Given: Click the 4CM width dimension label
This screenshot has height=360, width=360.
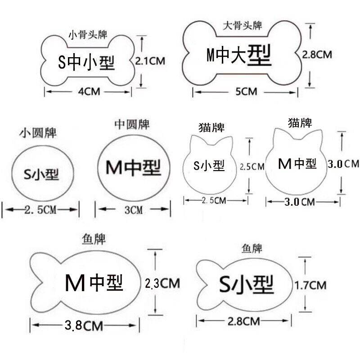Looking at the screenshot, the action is (x=89, y=92).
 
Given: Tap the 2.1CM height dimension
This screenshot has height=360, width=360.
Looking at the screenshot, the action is (x=150, y=61).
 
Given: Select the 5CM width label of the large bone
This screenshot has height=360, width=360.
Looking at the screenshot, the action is (x=246, y=92).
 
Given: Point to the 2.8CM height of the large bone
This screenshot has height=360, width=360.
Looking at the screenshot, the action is (x=317, y=54).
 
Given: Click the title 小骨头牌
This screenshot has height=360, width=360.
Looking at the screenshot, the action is (x=88, y=35).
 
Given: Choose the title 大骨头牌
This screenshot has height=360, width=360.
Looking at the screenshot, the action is (x=243, y=26).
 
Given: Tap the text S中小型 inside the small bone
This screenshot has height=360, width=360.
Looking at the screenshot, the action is (x=86, y=63).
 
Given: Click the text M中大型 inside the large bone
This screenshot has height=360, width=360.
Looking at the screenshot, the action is (x=239, y=55).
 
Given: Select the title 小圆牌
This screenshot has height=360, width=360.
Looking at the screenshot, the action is (x=38, y=133).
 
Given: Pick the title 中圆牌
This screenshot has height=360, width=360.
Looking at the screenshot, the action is (x=132, y=125).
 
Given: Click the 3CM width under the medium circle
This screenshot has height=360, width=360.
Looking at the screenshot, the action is (x=133, y=210).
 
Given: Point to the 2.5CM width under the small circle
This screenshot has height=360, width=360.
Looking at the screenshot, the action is (x=40, y=210).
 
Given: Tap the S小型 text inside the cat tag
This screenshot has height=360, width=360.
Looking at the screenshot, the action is (x=209, y=166).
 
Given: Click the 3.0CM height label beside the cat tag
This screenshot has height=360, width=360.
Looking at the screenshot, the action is (x=343, y=164).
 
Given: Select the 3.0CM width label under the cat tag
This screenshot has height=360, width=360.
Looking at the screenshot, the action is (x=300, y=202).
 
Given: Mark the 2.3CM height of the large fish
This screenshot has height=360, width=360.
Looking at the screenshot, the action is (x=162, y=283).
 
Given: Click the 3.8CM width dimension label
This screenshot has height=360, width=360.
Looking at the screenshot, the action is (x=84, y=325).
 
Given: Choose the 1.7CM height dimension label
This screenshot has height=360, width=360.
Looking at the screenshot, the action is (x=310, y=285).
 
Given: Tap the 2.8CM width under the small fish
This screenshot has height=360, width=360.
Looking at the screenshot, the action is (x=243, y=321).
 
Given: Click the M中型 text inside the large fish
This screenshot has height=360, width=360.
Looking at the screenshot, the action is (x=94, y=283).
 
